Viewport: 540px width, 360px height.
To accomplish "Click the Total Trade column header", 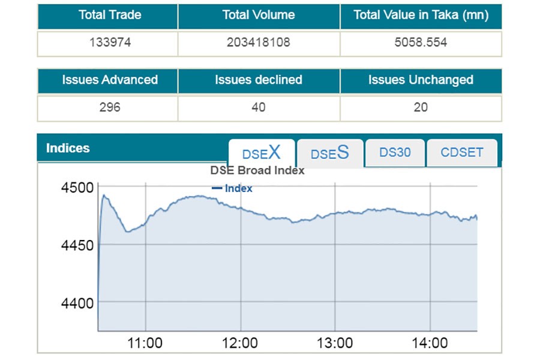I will (109, 16).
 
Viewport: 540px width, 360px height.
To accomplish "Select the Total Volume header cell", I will (259, 16).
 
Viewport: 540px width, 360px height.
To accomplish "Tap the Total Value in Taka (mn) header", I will (421, 16).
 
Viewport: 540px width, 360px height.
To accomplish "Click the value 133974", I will (109, 43).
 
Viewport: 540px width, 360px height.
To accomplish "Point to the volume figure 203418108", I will (259, 43).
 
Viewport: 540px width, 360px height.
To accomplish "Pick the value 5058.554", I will (421, 43).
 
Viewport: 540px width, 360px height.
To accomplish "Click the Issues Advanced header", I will (109, 80).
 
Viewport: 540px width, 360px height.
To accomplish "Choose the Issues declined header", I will (259, 80).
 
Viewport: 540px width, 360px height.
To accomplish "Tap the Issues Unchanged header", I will (421, 80).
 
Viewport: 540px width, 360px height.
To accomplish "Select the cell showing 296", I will (109, 108).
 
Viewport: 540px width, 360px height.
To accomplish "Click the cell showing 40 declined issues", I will (259, 108).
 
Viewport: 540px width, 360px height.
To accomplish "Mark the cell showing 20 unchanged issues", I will (421, 108).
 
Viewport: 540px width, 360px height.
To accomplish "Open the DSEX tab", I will (262, 153).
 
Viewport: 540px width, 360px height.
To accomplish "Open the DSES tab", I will (330, 153).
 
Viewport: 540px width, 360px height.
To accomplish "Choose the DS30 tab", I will (395, 152).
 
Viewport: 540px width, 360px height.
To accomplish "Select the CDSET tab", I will (462, 152).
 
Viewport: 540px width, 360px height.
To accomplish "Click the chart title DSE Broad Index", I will (257, 170).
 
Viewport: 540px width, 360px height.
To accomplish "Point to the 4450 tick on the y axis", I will (77, 245).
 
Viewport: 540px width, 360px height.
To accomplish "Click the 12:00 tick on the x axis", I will (240, 343).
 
